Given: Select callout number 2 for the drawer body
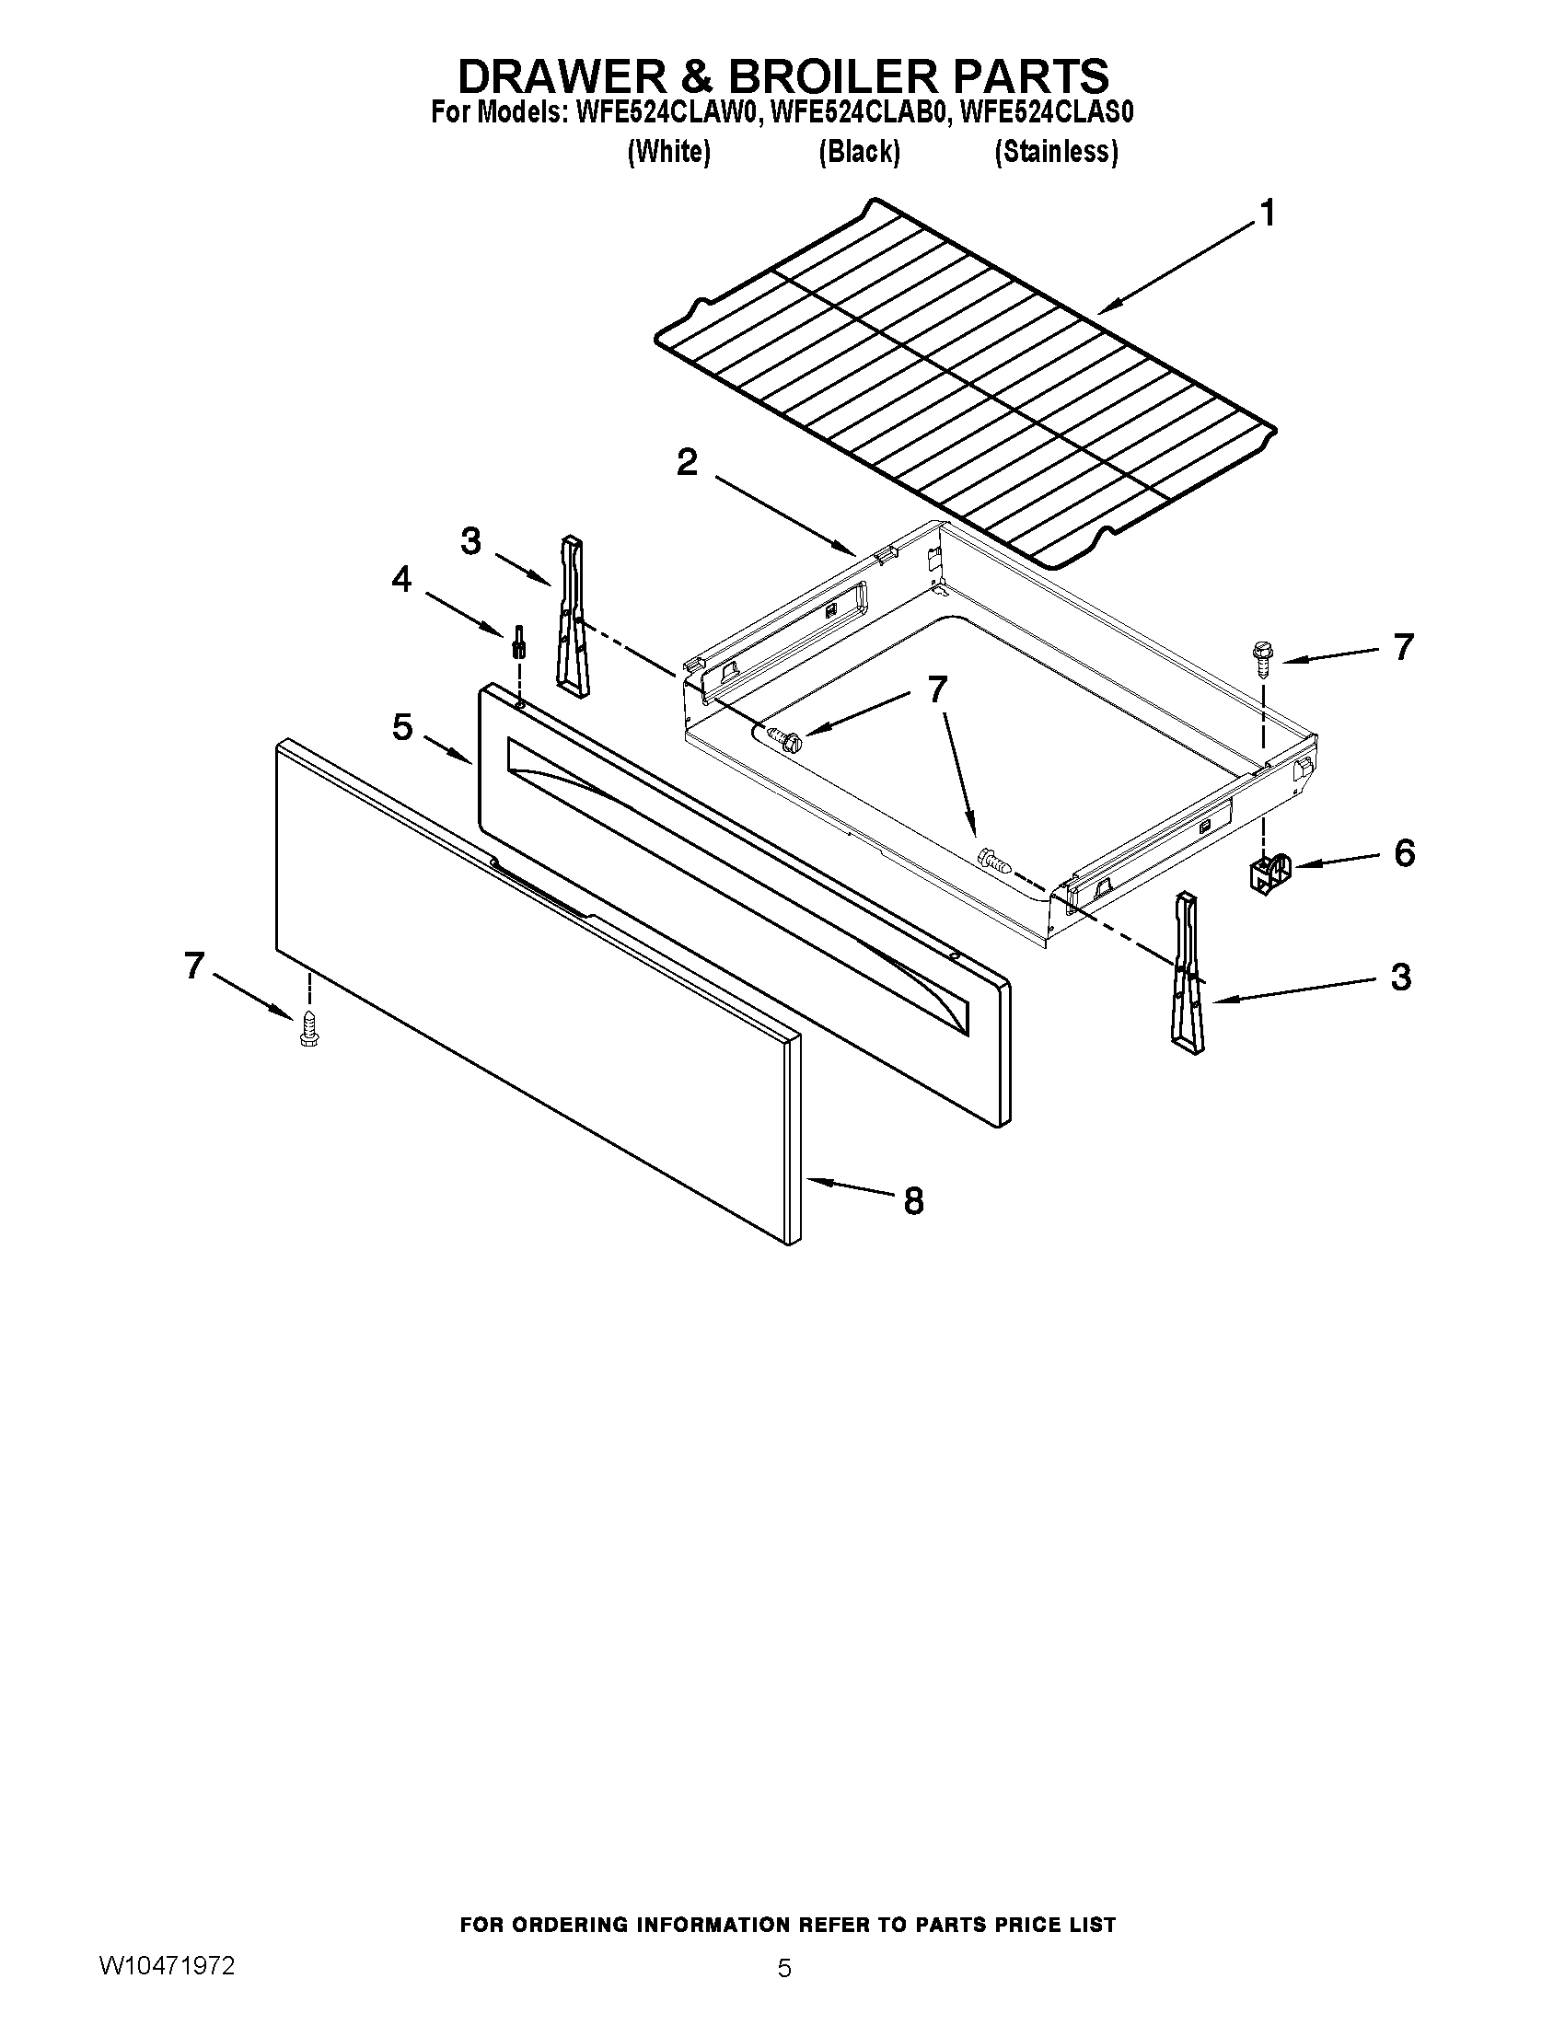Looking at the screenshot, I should click(687, 462).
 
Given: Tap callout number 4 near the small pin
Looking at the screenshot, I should click(401, 580).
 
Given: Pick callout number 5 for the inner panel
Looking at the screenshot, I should click(402, 727).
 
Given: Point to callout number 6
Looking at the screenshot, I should click(1404, 852).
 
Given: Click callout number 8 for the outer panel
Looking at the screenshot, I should click(913, 1201).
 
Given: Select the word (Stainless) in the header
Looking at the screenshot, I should click(1055, 152).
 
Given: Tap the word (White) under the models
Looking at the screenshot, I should click(668, 152).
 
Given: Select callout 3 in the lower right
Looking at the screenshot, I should click(1400, 978).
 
